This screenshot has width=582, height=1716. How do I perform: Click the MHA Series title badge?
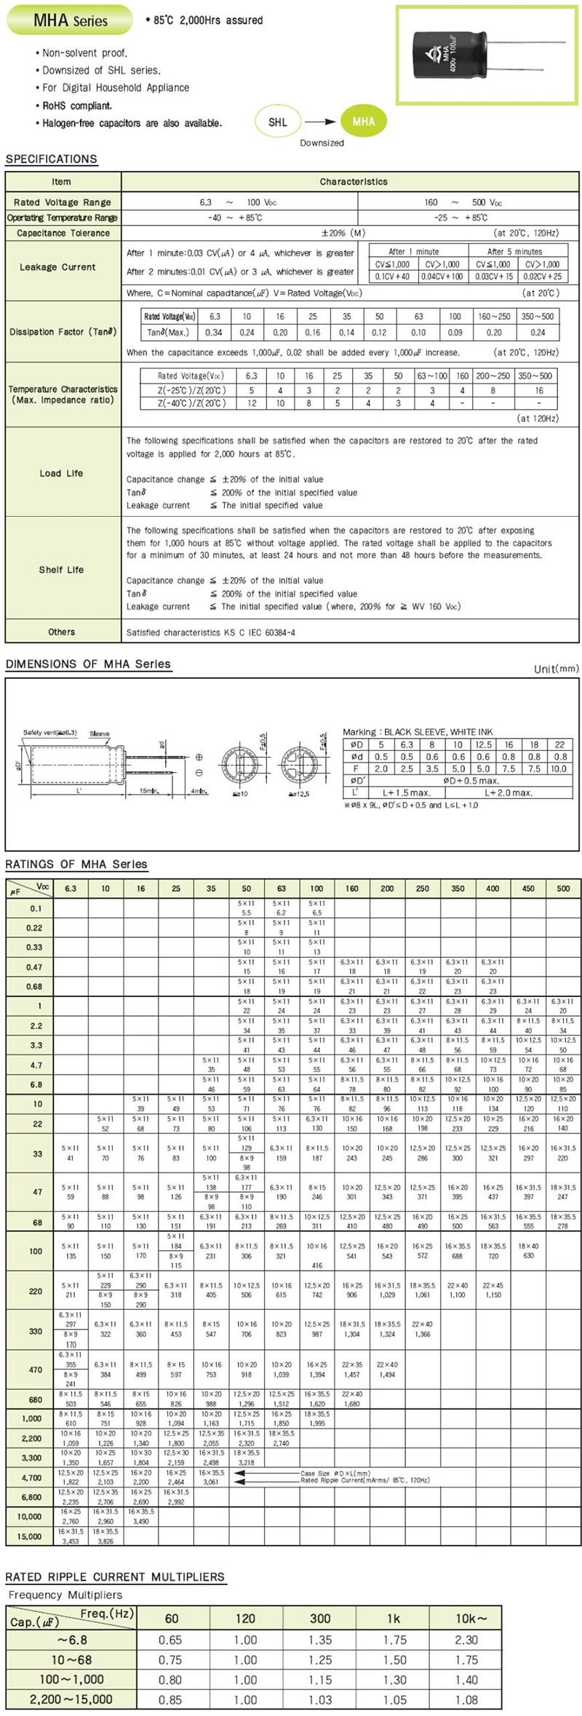70,20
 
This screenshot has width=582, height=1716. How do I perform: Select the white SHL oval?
278,122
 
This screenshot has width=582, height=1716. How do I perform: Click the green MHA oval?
363,122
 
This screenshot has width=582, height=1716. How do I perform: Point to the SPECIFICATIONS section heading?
51,159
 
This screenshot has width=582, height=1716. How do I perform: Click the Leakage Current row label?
57,267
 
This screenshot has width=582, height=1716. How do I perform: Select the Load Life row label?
61,473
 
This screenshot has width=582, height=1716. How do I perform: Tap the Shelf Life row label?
61,570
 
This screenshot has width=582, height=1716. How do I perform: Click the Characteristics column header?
354,182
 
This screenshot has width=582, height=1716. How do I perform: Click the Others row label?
61,632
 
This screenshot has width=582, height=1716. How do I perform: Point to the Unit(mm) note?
557,669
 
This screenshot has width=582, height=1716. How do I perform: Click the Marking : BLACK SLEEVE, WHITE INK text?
418,731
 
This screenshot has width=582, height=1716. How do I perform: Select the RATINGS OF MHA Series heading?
76,864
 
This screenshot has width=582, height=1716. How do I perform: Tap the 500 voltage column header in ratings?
563,888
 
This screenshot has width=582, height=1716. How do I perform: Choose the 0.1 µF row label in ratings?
36,908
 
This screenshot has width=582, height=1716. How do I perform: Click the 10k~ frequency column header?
466,1618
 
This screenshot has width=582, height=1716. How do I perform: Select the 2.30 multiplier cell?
466,1640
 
